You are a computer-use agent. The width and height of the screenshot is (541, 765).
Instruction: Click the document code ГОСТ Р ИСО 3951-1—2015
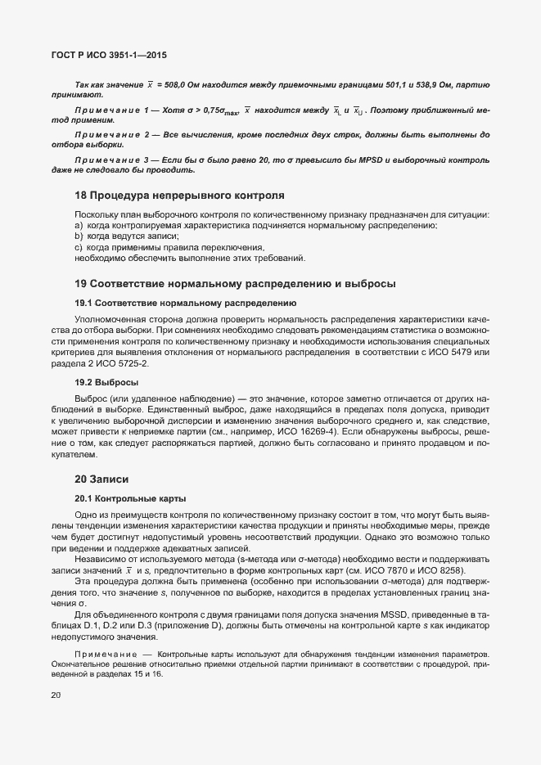coord(112,55)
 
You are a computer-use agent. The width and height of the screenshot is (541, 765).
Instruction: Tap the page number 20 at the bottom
coord(55,696)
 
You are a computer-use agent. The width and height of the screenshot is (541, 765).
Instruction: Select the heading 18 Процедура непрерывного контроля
coord(179,196)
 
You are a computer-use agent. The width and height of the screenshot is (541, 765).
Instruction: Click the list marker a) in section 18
coord(79,225)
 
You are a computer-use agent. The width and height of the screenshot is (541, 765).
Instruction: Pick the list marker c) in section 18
coord(79,246)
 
